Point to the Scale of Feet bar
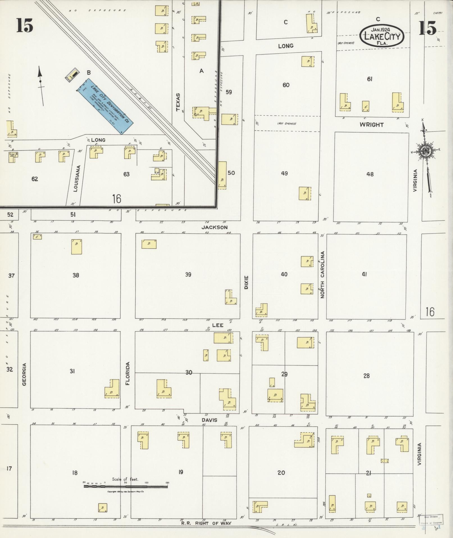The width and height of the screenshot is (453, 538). coord(126,486)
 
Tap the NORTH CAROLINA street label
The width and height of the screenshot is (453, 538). coord(322,274)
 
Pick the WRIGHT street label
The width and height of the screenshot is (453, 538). coord(371,125)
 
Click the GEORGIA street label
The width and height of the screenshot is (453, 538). coord(24,374)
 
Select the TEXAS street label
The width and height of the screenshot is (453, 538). coord(178,102)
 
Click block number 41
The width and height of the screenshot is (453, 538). coord(365,274)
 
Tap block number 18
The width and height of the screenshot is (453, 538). coord(74,473)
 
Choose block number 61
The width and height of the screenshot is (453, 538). coord(370,79)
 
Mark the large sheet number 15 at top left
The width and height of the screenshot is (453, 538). coord(24,25)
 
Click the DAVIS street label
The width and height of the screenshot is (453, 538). coord(209,420)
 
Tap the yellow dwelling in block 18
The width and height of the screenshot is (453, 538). coord(103,507)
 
